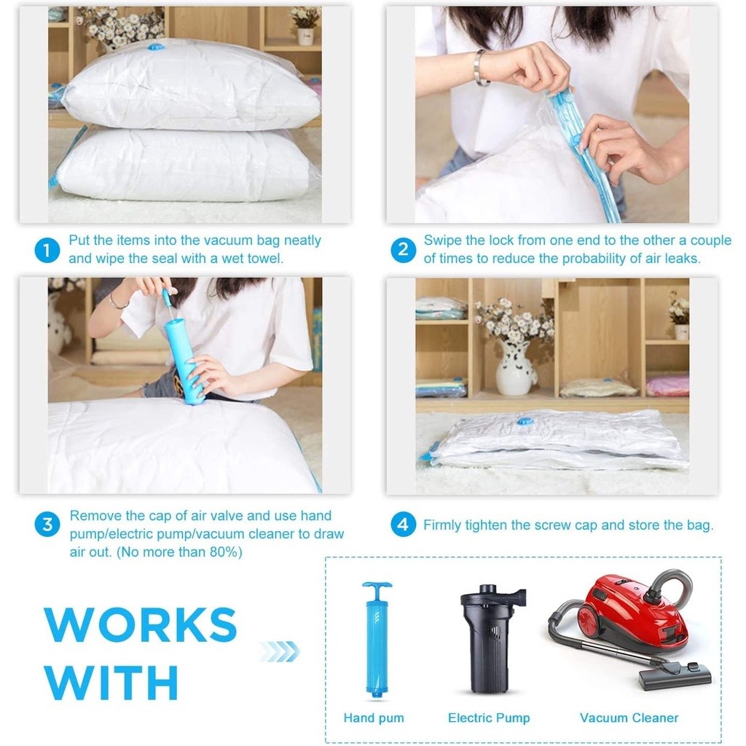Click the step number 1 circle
pyautogui.click(x=47, y=250)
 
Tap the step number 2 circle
pyautogui.click(x=403, y=250)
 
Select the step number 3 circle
pyautogui.click(x=47, y=525)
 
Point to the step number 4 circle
pyautogui.click(x=403, y=525)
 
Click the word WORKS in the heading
pyautogui.click(x=141, y=624)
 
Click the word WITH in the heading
pyautogui.click(x=111, y=682)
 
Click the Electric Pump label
pyautogui.click(x=489, y=718)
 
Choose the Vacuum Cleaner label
pyautogui.click(x=629, y=718)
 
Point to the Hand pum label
pyautogui.click(x=374, y=718)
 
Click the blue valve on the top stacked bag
pyautogui.click(x=154, y=47)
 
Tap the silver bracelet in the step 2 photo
pyautogui.click(x=479, y=68)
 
